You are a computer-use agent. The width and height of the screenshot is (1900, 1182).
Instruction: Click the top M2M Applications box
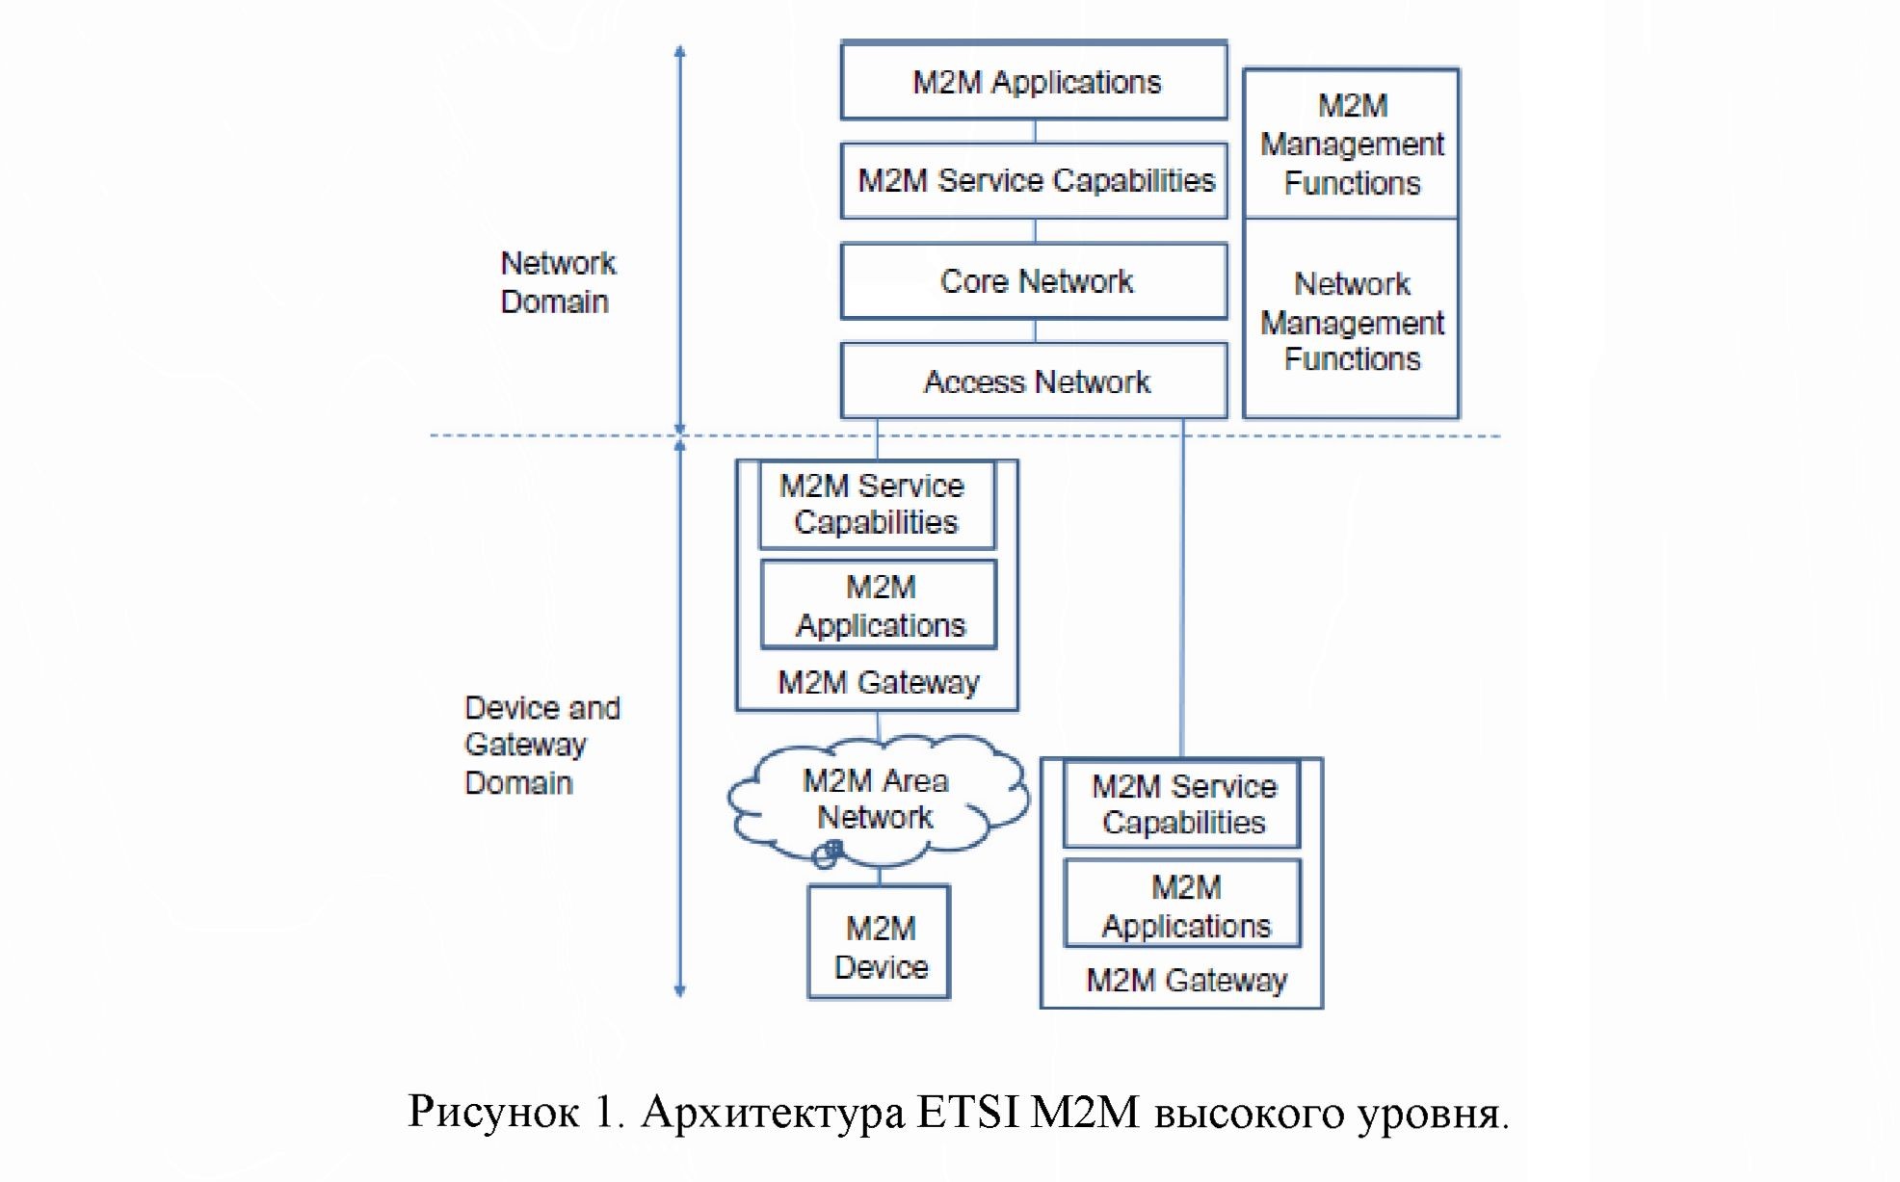1034,81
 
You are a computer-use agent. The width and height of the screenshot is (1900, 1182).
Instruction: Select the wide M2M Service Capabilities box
1034,181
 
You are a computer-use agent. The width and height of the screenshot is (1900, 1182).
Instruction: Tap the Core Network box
1034,281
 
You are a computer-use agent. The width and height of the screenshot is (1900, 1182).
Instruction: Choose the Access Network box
1034,381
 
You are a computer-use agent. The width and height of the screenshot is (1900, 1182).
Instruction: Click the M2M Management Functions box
1351,144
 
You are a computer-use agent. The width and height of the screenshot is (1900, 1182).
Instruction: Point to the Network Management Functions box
1351,321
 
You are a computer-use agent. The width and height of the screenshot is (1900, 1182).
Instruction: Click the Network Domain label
556,282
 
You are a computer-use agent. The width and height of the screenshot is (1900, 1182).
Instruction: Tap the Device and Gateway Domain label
541,745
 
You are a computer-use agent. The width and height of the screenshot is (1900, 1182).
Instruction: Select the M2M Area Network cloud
876,799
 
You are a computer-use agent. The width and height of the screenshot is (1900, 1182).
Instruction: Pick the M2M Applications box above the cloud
879,605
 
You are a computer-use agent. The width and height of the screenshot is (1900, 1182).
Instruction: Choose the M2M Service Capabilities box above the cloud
876,505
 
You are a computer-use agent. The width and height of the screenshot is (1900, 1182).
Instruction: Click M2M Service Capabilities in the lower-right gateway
1182,804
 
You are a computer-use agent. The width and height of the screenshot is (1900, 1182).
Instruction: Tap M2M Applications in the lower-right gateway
1184,905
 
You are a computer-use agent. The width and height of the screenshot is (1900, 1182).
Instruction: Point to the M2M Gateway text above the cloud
878,683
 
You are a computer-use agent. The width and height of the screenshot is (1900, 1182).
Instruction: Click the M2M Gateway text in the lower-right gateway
1186,981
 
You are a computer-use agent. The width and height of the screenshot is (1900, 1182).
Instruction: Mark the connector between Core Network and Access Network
1035,331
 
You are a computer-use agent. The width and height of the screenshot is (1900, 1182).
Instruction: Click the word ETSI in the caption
967,1112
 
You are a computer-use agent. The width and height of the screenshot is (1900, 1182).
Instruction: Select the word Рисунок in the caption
492,1112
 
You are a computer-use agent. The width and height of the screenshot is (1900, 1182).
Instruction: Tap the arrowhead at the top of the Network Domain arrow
679,52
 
